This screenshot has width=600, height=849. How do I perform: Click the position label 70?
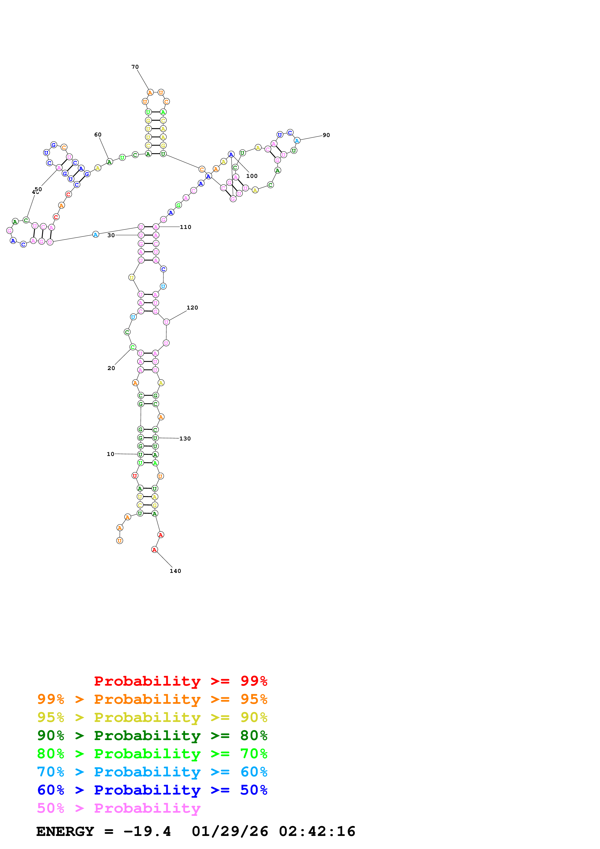pos(135,67)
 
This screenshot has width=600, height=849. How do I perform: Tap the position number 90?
pos(326,135)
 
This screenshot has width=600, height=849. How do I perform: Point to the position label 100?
pos(252,176)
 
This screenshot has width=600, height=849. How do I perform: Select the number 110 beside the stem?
pos(186,227)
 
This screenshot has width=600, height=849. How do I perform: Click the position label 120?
pos(192,308)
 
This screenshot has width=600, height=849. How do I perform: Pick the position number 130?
pos(185,439)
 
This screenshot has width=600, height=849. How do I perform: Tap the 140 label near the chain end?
pos(175,571)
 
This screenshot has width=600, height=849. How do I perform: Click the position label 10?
pos(111,454)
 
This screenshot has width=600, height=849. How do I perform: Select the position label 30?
pos(111,235)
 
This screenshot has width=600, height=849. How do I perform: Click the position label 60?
pos(98,135)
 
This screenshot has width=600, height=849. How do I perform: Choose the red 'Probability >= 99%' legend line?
pos(180,681)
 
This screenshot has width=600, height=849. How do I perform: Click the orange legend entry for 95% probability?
pos(152,699)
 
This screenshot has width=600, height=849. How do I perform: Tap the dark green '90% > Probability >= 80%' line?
pos(152,735)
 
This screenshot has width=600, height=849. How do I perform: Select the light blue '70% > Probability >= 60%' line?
pos(152,772)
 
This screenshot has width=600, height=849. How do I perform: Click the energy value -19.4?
pos(147,831)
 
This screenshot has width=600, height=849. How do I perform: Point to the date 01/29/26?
pos(230,831)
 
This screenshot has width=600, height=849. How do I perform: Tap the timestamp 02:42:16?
pos(317,831)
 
